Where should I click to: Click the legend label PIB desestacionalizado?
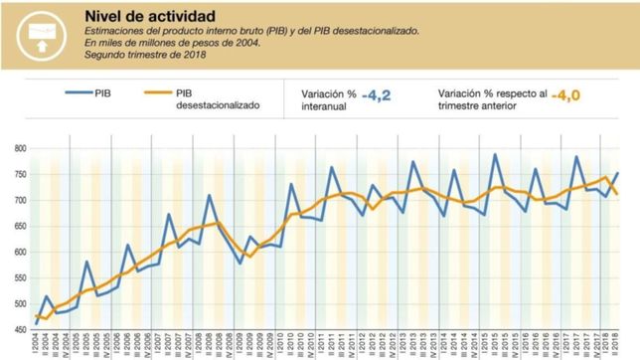click(216, 97)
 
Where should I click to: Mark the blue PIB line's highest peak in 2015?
click(495, 154)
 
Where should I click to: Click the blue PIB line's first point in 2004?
click(37, 324)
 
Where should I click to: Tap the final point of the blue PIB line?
click(616, 173)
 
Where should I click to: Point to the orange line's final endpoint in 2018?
click(616, 194)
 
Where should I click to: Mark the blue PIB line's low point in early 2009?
click(240, 264)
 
